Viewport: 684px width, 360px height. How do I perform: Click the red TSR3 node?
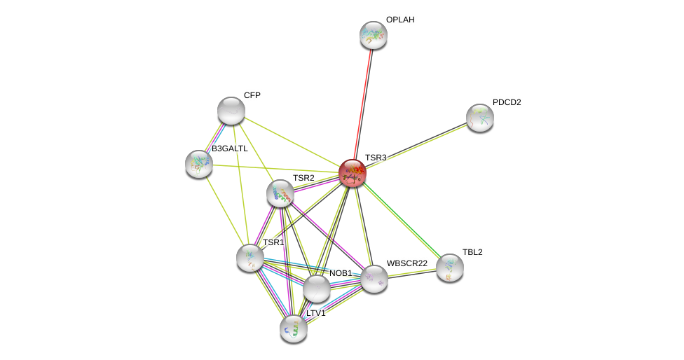[x=353, y=173]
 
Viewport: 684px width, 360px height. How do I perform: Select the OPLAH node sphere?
[x=374, y=35]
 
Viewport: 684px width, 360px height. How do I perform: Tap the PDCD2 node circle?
[x=480, y=118]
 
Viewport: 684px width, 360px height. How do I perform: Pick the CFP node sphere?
[x=231, y=111]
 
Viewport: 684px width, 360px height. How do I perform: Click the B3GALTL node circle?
[x=199, y=164]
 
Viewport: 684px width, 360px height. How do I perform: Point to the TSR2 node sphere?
[x=280, y=194]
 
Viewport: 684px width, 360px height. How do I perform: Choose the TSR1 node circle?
[x=250, y=258]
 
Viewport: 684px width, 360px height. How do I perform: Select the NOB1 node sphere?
[x=317, y=288]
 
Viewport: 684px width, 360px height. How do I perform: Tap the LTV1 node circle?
[x=294, y=328]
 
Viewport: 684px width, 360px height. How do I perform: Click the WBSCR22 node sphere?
[x=374, y=279]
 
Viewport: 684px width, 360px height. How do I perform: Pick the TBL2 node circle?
[x=450, y=268]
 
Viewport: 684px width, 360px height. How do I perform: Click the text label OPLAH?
[x=400, y=20]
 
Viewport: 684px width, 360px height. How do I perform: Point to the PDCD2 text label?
[x=507, y=102]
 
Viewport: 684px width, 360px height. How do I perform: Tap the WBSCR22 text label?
[x=406, y=263]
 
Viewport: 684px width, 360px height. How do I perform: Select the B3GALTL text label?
[x=229, y=148]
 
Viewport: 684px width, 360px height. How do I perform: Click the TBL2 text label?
[x=472, y=252]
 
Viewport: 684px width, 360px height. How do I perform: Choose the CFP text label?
[x=252, y=95]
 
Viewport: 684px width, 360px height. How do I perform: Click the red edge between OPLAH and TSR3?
[x=363, y=104]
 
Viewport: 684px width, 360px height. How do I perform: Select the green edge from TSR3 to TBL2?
[x=401, y=220]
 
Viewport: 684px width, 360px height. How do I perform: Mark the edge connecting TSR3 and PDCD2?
[x=416, y=145]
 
